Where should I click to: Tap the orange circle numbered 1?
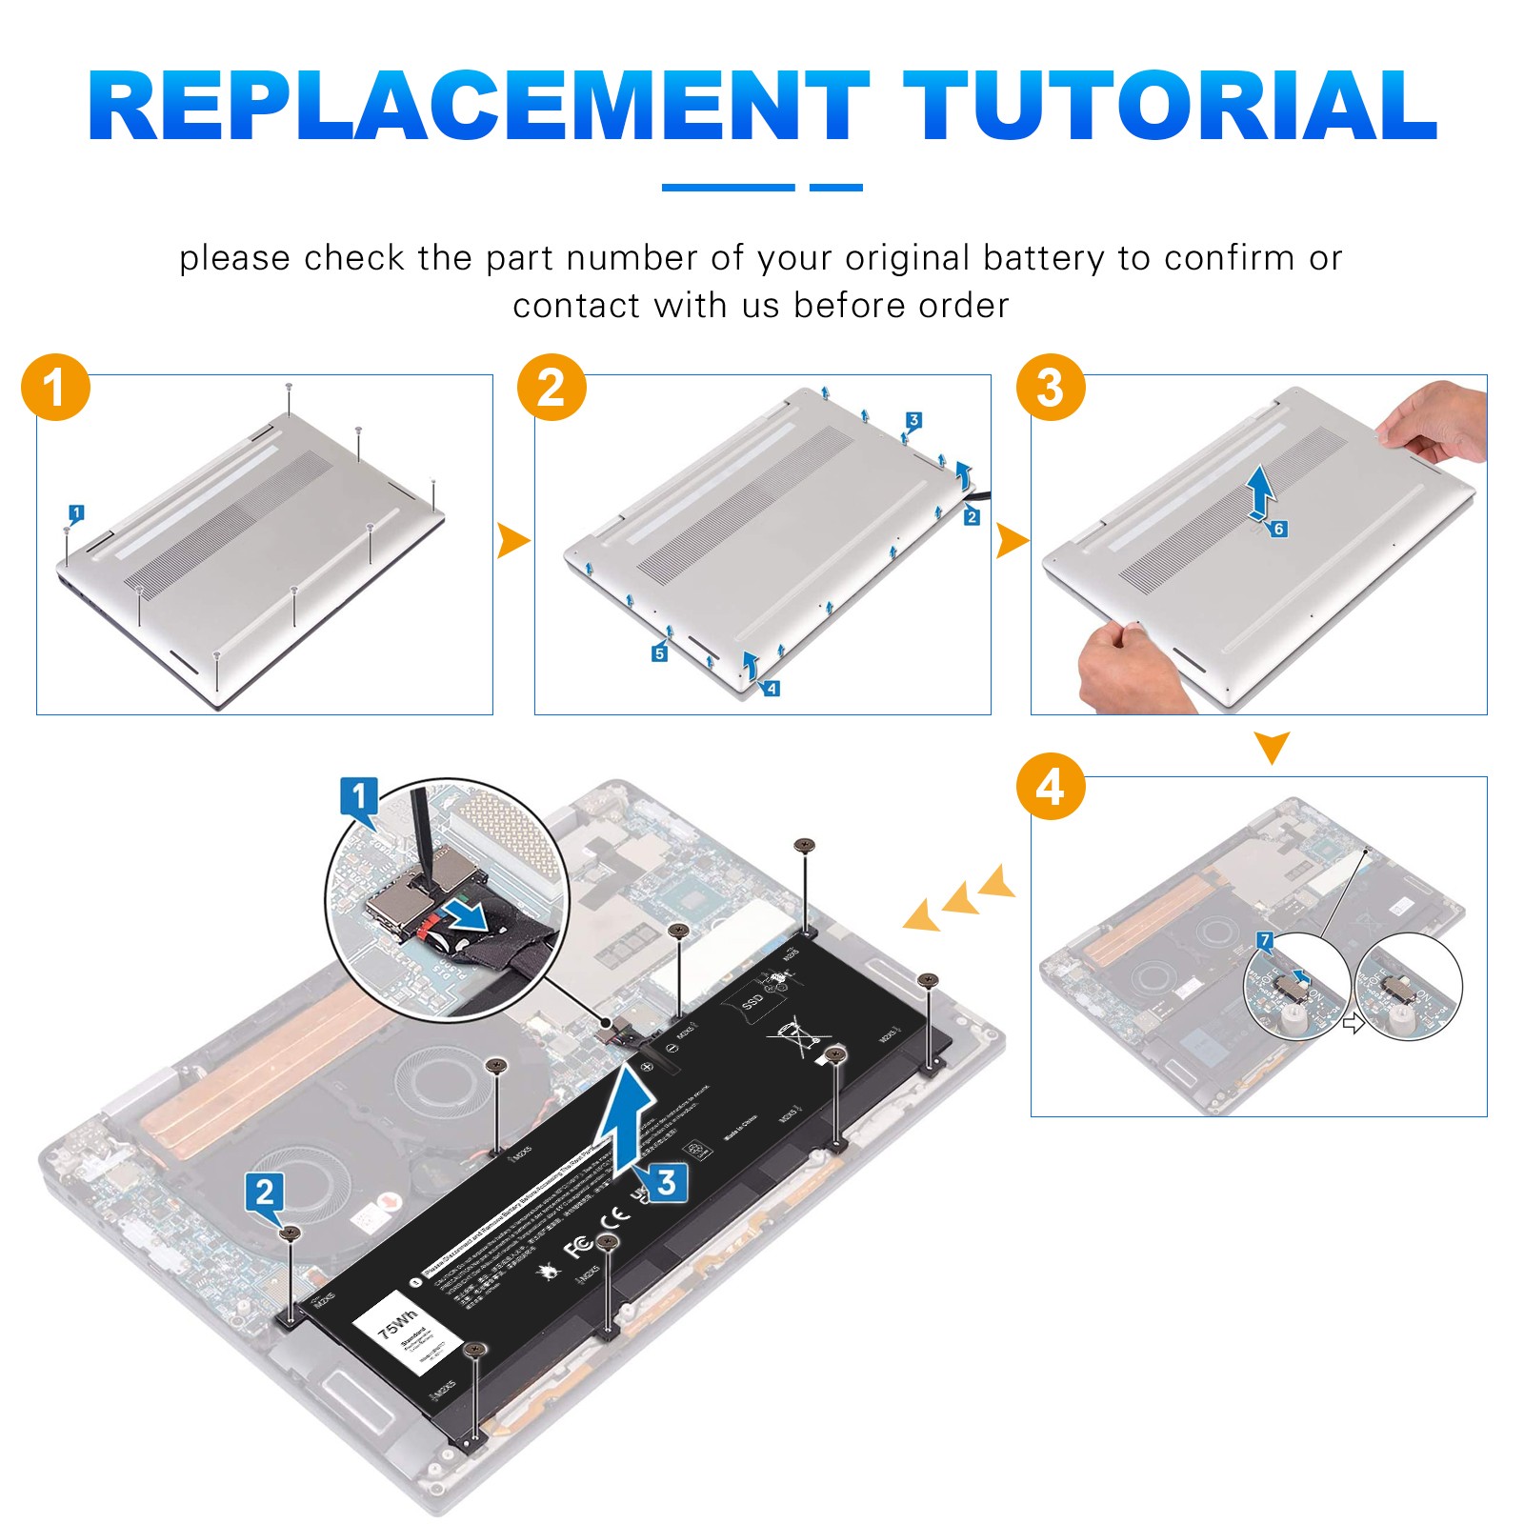(55, 388)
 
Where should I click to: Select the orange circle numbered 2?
(551, 388)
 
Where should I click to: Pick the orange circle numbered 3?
(1050, 388)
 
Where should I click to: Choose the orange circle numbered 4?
(1050, 787)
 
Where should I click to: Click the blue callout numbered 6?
(1278, 529)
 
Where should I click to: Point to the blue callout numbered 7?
(1265, 941)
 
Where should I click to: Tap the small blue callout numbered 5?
(659, 653)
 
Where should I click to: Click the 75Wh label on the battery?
(397, 1324)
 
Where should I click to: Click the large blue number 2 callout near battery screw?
(264, 1192)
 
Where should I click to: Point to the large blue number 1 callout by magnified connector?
(359, 796)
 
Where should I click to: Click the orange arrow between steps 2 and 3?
(1011, 542)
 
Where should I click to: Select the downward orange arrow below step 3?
(1272, 746)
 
